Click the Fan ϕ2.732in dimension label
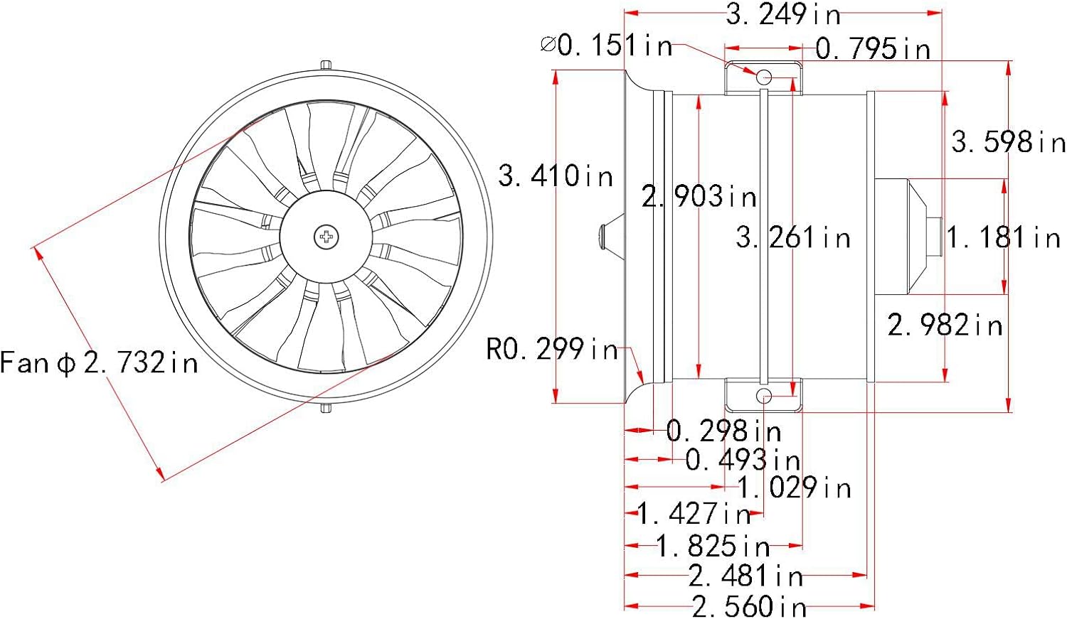click(99, 363)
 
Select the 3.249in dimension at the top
click(783, 14)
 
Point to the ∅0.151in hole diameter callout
click(606, 45)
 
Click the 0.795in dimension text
click(873, 49)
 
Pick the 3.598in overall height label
click(1008, 142)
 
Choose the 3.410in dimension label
click(556, 176)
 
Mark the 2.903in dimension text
click(699, 197)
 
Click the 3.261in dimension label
click(793, 237)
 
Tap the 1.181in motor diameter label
click(1004, 237)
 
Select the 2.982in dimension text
click(945, 325)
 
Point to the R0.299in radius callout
click(552, 349)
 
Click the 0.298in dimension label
click(723, 431)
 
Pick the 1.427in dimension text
click(694, 513)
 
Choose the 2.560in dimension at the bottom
click(749, 606)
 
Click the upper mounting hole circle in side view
click(763, 76)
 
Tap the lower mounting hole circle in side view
click(763, 396)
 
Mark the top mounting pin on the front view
click(326, 65)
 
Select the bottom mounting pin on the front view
click(326, 408)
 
